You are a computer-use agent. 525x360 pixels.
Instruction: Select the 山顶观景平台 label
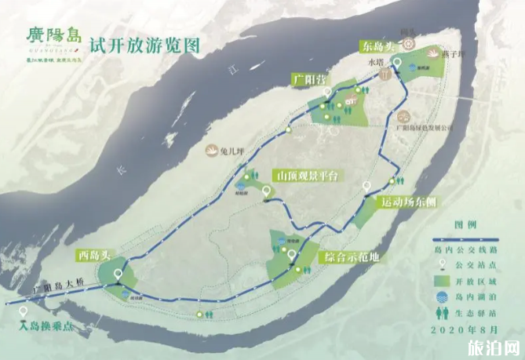pyautogui.click(x=305, y=176)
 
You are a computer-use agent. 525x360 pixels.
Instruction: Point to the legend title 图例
pyautogui.click(x=465, y=225)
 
